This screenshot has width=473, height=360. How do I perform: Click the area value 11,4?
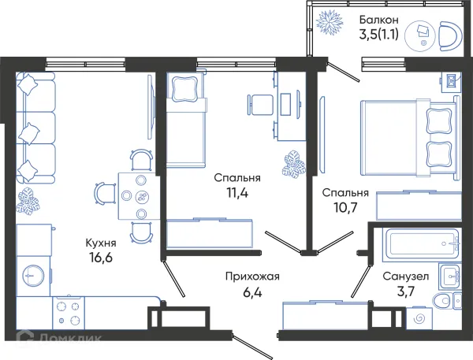[237, 192]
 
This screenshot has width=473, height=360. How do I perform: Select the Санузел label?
[406, 276]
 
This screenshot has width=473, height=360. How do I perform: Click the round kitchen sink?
[33, 274]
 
